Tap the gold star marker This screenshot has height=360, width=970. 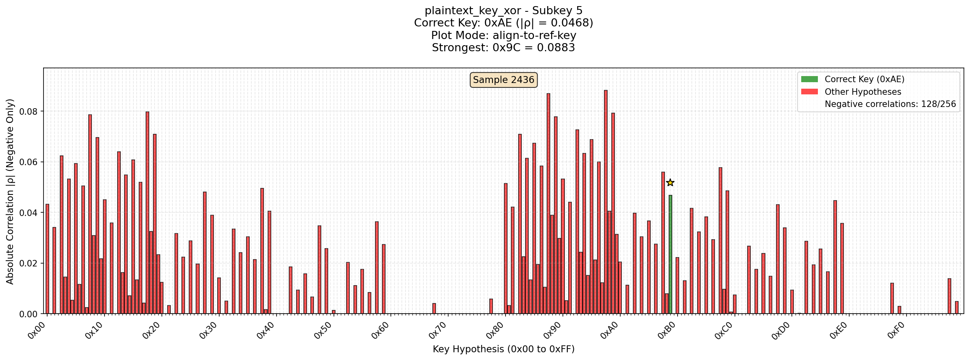[670, 183]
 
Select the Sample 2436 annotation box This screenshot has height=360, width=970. [504, 80]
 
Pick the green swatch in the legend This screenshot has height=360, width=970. [809, 79]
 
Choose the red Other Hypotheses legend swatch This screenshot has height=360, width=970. [809, 92]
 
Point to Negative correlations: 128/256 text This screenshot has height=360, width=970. [890, 104]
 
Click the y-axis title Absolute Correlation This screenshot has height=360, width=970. [10, 191]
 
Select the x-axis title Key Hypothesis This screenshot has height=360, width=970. [504, 349]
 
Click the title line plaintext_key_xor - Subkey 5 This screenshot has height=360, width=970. [504, 11]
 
